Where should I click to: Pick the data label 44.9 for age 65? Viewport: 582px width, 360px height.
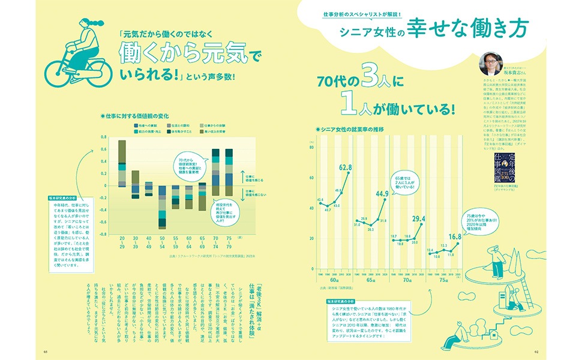[x=382, y=193]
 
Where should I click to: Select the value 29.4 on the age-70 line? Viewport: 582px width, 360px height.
[x=418, y=218]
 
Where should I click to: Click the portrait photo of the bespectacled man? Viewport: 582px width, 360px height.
[x=490, y=62]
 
